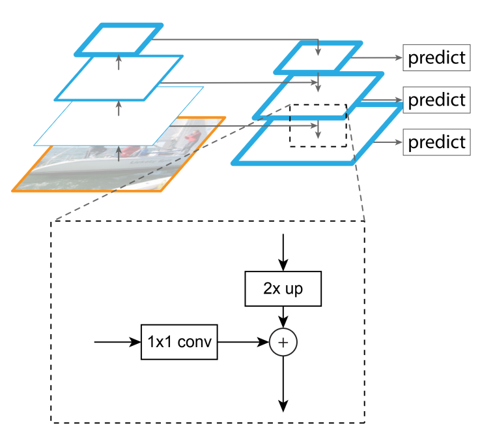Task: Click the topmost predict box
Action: (436, 58)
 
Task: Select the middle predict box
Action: (436, 100)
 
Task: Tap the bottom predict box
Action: (436, 142)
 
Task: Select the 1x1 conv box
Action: (179, 341)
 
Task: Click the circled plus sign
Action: (283, 341)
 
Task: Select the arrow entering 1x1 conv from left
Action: (117, 341)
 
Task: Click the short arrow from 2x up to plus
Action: (283, 316)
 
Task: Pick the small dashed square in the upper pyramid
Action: (318, 125)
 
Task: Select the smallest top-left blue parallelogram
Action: (118, 40)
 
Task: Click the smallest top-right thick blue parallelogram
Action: (318, 57)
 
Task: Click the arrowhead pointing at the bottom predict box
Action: (398, 142)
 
